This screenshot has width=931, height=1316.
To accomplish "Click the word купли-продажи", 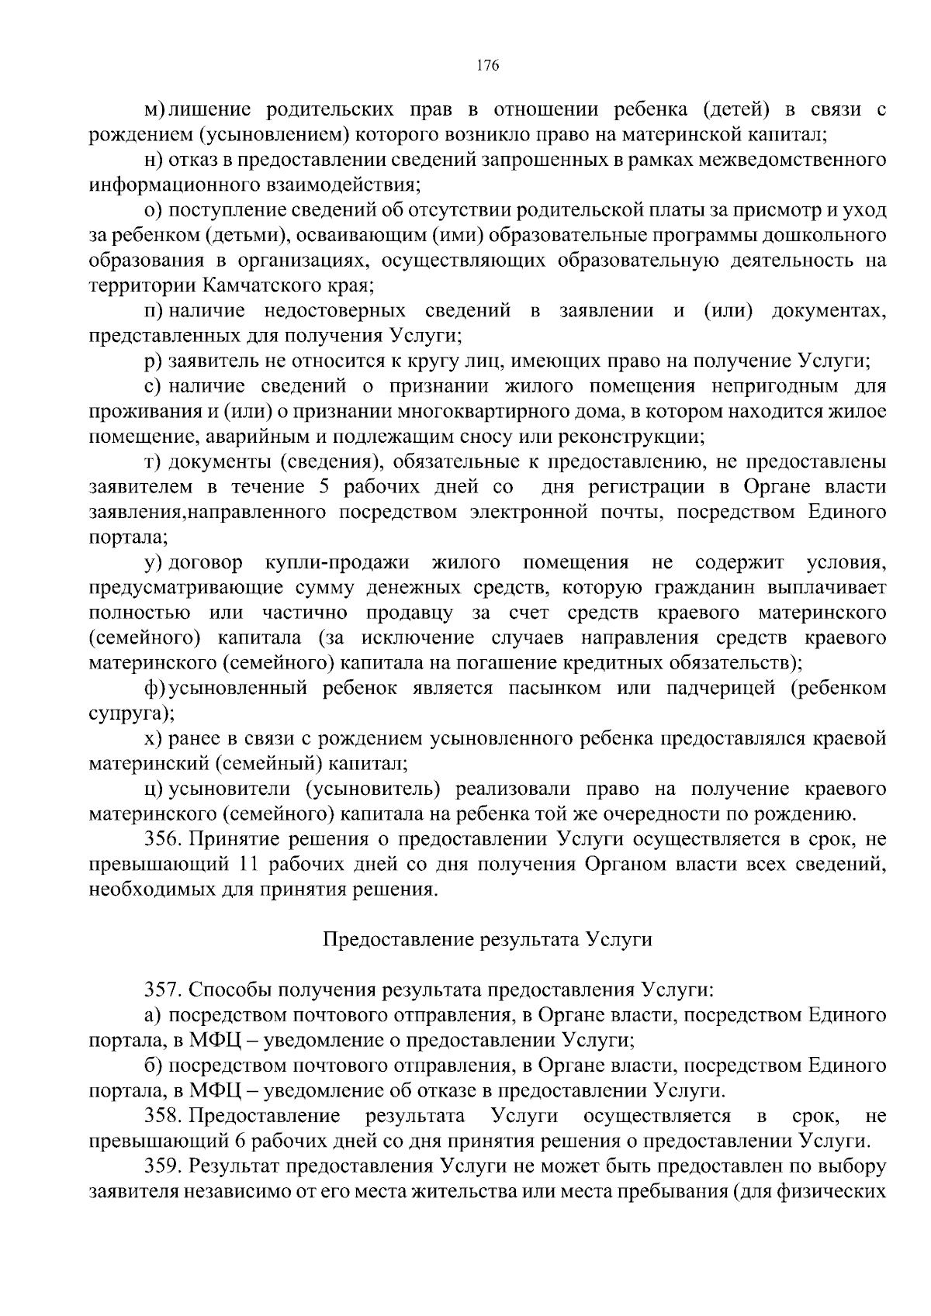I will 336,561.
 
